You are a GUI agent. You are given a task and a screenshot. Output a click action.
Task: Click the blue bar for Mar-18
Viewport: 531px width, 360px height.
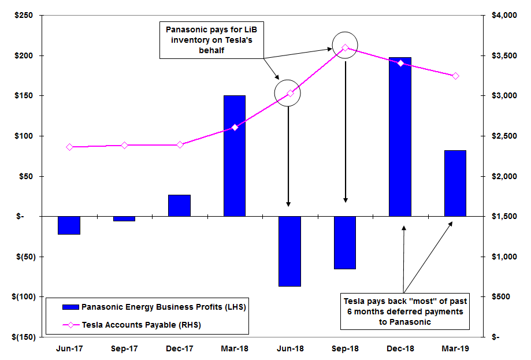point(235,155)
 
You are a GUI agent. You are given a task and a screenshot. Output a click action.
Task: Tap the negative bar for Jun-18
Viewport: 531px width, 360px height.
point(289,251)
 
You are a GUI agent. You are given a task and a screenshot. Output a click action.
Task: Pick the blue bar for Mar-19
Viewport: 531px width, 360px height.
point(455,183)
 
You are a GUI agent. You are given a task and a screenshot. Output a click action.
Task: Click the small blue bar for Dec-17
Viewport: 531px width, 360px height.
point(180,206)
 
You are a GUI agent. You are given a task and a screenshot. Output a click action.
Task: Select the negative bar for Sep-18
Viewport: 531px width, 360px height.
point(345,243)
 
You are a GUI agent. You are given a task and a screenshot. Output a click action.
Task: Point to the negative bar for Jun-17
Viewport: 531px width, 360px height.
point(69,225)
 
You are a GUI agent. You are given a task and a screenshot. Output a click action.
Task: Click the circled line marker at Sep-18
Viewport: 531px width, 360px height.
point(345,48)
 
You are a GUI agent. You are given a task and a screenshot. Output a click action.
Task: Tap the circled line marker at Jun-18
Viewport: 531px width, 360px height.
point(290,93)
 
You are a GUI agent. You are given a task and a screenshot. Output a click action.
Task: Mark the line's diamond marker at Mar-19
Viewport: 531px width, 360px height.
point(455,76)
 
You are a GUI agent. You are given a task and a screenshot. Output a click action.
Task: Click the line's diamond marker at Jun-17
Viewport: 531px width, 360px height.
point(69,147)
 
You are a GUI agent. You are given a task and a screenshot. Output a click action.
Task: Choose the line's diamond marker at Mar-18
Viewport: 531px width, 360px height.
point(235,127)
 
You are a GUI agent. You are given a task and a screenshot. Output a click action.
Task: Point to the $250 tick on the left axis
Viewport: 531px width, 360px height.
point(24,15)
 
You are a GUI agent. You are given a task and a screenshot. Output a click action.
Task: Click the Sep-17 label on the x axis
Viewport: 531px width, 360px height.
point(124,348)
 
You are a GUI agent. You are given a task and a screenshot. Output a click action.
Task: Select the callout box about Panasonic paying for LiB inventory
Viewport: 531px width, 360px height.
point(211,39)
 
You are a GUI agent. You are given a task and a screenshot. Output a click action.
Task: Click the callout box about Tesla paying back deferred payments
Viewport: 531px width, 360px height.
point(404,311)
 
